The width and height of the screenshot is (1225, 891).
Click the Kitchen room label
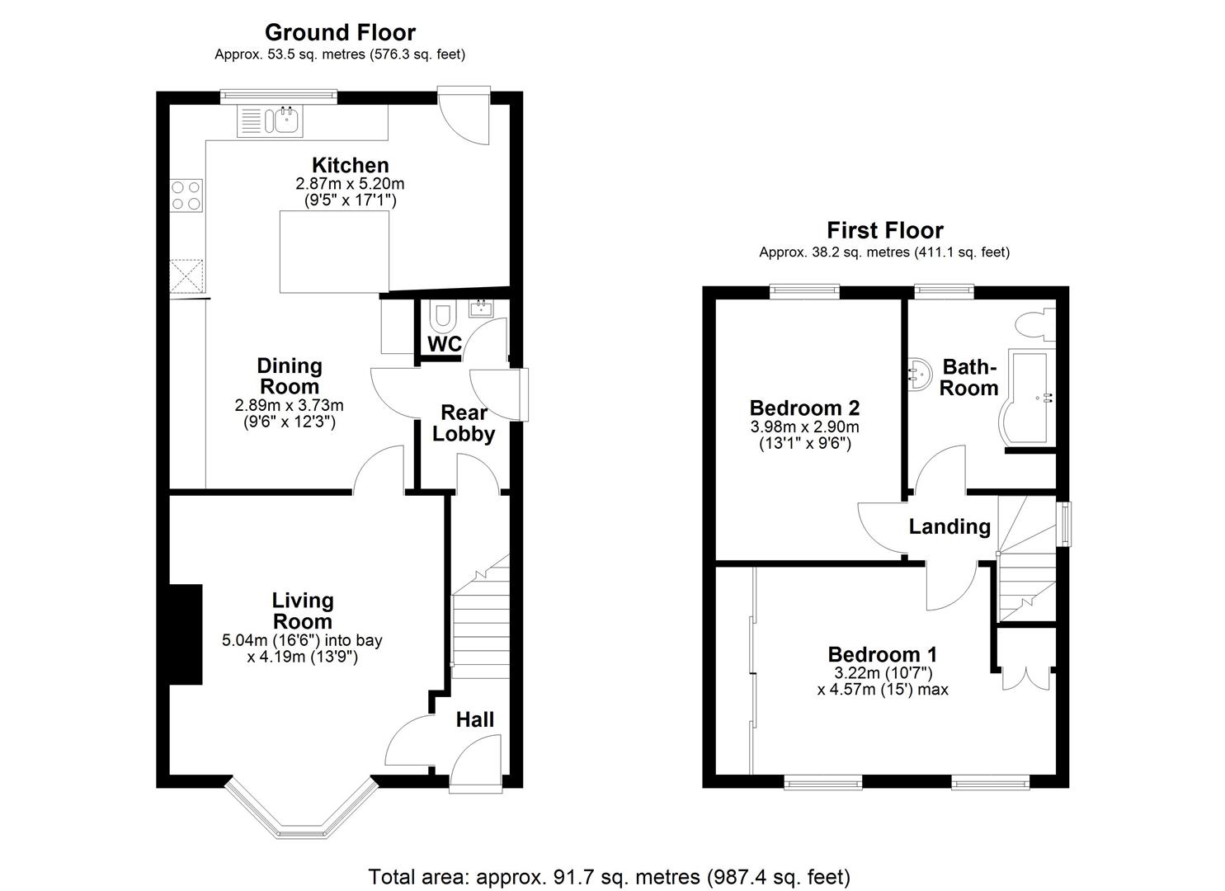click(350, 165)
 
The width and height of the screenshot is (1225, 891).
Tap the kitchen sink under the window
click(285, 122)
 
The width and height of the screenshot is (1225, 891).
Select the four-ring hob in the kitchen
click(186, 196)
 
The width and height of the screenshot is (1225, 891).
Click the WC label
click(445, 344)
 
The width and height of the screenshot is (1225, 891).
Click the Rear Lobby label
click(464, 423)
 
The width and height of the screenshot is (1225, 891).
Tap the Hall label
click(475, 719)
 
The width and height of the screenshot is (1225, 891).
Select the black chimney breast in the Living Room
click(186, 634)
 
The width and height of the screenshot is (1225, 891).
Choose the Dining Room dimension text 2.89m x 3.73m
click(289, 405)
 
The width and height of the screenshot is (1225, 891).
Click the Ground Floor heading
click(340, 32)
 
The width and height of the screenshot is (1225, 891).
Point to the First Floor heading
click(884, 230)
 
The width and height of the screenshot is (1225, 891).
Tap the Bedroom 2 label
click(804, 408)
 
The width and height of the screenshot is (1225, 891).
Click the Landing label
click(949, 526)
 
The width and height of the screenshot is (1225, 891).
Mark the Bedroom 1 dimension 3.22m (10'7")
click(883, 672)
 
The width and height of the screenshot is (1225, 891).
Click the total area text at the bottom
click(609, 876)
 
